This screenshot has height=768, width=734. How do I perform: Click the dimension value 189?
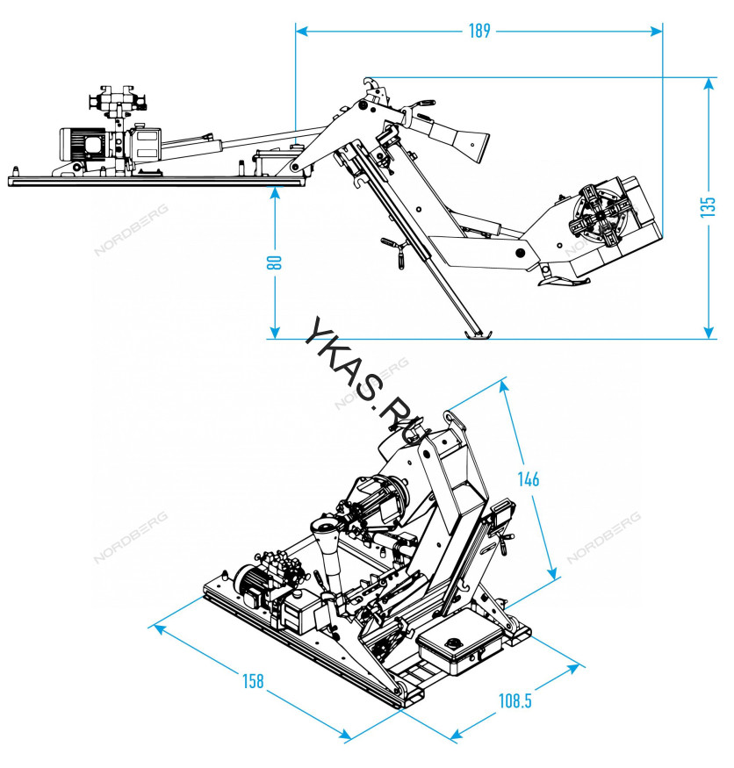[x=479, y=31]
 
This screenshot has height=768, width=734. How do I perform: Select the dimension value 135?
[x=708, y=207]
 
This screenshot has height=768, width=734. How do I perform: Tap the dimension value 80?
[x=275, y=262]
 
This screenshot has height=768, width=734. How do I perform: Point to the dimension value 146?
[x=529, y=478]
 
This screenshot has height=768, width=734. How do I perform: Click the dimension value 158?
[x=253, y=681]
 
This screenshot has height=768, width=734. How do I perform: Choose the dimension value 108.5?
[x=515, y=700]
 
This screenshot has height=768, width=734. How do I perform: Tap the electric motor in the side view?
[x=83, y=145]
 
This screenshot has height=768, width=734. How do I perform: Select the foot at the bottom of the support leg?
[x=476, y=334]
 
